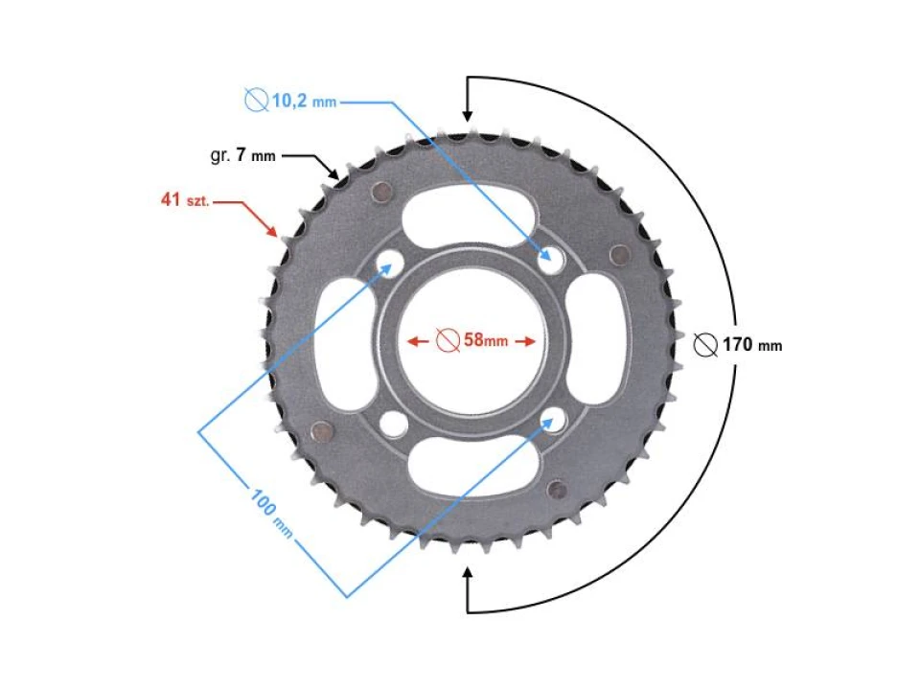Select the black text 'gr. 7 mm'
[x=244, y=154]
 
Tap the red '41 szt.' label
[x=185, y=200]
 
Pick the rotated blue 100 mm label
[x=272, y=513]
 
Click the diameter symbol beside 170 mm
[x=705, y=345]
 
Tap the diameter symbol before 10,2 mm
[x=256, y=99]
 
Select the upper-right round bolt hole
[x=550, y=257]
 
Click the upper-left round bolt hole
[x=389, y=260]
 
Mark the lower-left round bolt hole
[x=391, y=421]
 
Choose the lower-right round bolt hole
[x=551, y=417]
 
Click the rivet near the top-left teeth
[x=381, y=192]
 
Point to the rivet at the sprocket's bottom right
[x=558, y=491]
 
